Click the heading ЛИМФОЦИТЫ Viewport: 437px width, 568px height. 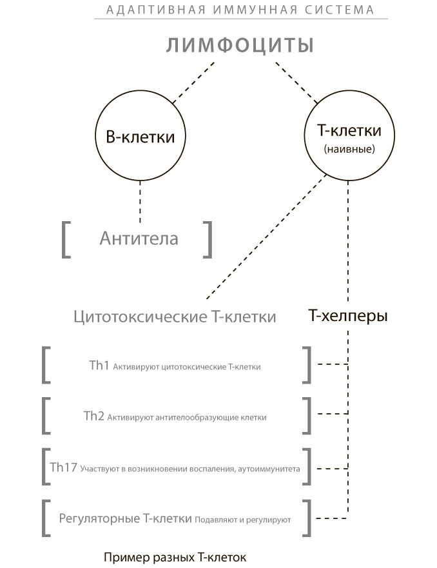coord(240,46)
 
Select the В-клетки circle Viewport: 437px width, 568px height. coord(140,137)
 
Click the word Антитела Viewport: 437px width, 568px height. coord(139,239)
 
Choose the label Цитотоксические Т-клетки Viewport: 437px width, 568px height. coord(175,317)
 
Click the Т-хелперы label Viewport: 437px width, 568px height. coord(348,317)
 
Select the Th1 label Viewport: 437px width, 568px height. coord(99,366)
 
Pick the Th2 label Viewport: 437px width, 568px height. coord(93,416)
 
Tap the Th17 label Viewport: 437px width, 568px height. coord(64,467)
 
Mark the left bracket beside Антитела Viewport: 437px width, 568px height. coord(66,239)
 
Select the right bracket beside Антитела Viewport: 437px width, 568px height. coord(208,239)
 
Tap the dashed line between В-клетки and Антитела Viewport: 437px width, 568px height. coord(140,201)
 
